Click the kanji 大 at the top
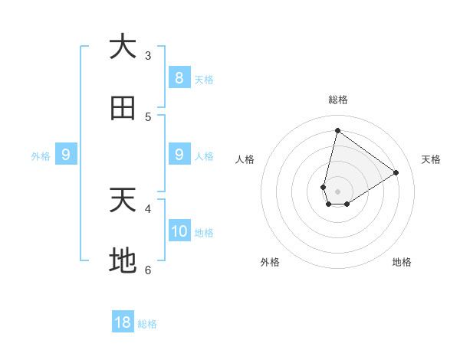(x=123, y=47)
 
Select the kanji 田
(x=123, y=109)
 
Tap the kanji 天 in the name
(x=123, y=201)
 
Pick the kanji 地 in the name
(x=123, y=262)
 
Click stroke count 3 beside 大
(x=148, y=55)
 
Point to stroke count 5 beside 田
(x=148, y=116)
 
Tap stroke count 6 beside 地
(x=148, y=270)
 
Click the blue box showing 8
(x=179, y=78)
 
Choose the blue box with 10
(x=179, y=231)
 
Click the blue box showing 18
(x=123, y=322)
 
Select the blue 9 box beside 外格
(x=66, y=155)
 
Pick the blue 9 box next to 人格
(x=179, y=155)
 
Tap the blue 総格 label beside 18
(x=147, y=324)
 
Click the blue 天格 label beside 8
(x=204, y=80)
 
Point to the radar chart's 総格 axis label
(x=337, y=100)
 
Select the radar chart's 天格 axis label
(x=432, y=159)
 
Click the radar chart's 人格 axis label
(x=245, y=159)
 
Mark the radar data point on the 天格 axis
(x=396, y=172)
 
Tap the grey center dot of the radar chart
(x=337, y=191)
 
